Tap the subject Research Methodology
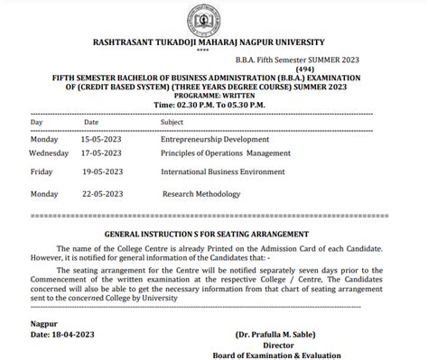[x=201, y=193]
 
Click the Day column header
[x=36, y=121]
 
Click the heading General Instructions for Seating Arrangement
[x=213, y=232]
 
